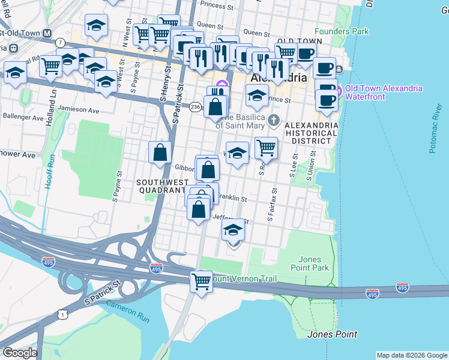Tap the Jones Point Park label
(x=310, y=263)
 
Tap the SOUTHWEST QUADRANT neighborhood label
(x=160, y=186)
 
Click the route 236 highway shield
(x=195, y=106)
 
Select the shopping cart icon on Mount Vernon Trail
(x=201, y=280)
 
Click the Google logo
(x=20, y=353)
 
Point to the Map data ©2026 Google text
(x=412, y=355)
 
